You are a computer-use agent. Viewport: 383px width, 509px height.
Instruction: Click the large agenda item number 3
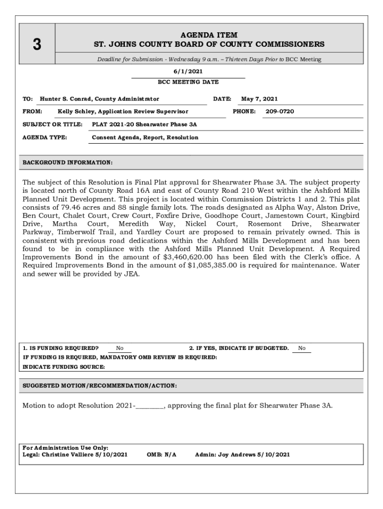pos(36,45)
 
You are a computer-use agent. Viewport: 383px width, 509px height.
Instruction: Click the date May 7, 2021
pos(259,99)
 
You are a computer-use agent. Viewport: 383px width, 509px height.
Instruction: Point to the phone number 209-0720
pos(280,111)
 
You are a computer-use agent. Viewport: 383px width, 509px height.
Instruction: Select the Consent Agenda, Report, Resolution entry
pos(145,137)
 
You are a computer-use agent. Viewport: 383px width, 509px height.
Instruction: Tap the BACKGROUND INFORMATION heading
pos(68,163)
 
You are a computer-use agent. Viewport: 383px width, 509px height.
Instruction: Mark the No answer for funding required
pos(120,348)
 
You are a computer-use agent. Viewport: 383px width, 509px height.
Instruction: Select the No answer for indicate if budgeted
pos(302,348)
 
